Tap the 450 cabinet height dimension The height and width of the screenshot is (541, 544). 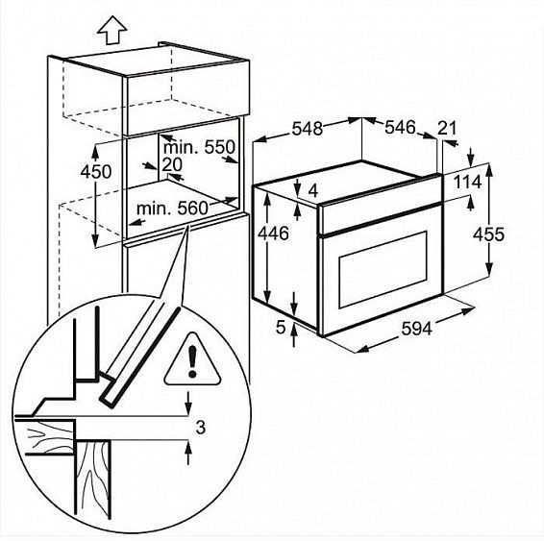[96, 172]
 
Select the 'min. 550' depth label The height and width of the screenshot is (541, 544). [200, 147]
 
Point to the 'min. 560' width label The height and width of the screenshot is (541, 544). [172, 209]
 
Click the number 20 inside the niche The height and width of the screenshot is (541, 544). [172, 164]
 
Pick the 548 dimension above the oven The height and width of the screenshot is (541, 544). [308, 129]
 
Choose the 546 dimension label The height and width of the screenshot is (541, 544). [400, 127]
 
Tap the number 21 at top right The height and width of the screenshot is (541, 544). [447, 128]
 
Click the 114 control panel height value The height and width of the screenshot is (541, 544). [468, 182]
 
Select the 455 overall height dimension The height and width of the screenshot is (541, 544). [488, 234]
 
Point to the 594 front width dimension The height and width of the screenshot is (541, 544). [417, 328]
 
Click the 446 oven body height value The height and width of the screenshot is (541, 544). [273, 234]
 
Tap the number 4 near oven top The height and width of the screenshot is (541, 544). [313, 190]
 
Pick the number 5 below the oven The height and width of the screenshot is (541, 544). [281, 327]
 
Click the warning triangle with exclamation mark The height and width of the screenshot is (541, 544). [192, 359]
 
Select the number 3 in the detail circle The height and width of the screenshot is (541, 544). [201, 428]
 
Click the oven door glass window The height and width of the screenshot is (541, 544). [383, 269]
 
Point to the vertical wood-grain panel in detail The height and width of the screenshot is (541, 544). [93, 480]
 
